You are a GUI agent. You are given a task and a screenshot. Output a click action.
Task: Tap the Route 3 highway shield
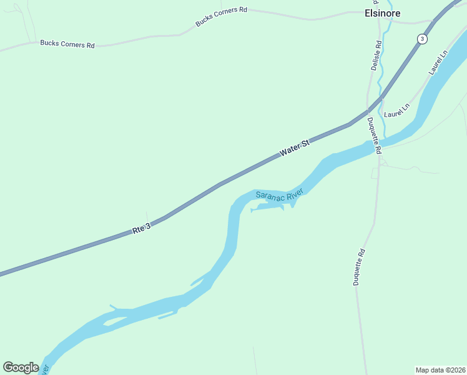pos(423,39)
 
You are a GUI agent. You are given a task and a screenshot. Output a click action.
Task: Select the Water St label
pos(295,149)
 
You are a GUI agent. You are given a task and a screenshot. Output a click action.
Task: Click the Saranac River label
pos(279,195)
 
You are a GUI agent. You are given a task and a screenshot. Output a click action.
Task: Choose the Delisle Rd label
pos(376,56)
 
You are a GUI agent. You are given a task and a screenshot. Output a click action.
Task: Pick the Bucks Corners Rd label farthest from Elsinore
pos(67,44)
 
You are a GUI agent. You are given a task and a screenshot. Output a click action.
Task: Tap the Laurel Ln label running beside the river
pos(438,62)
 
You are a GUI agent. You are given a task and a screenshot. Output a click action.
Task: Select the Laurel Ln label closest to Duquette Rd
pos(396,111)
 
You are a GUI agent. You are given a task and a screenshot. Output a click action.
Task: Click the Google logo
pos(21,367)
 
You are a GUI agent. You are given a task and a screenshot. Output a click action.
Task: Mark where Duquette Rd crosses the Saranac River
pos(378,146)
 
